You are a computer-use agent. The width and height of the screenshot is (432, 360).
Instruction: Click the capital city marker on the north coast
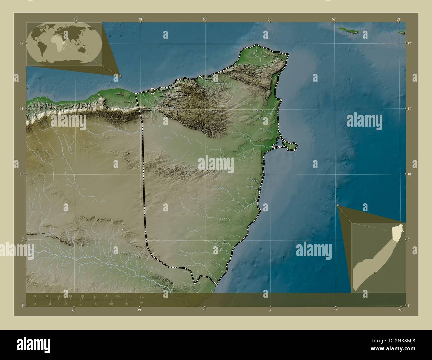click(152, 91)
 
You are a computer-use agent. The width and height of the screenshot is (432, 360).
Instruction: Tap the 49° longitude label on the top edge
click(141, 19)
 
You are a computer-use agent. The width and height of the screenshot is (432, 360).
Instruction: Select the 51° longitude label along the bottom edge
click(270, 310)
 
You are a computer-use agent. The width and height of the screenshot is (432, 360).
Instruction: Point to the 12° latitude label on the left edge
click(21, 43)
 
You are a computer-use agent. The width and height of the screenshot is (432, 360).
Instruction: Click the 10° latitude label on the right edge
click(409, 174)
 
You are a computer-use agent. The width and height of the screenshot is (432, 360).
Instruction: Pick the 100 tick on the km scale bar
click(94, 296)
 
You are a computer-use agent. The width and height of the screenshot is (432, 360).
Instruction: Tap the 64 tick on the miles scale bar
click(96, 304)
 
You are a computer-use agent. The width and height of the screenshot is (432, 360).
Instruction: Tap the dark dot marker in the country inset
click(374, 273)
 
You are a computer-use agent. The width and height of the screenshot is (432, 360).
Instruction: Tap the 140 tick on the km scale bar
click(118, 296)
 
